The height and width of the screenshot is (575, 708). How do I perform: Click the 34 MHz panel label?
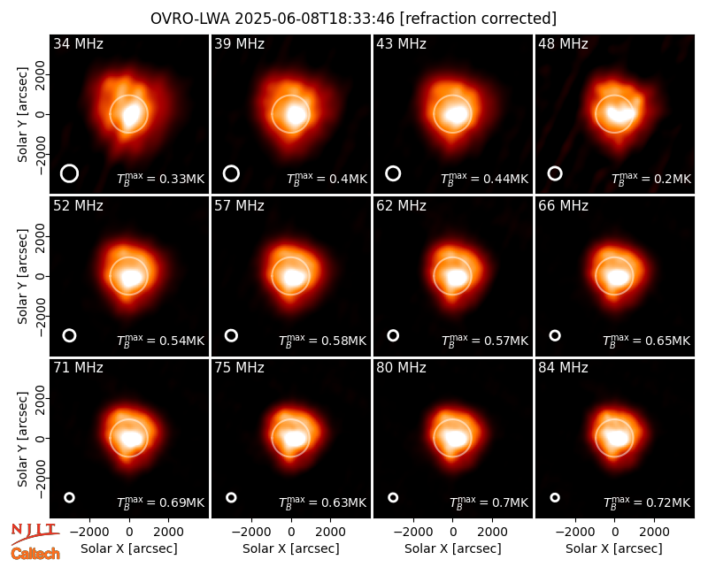(x=78, y=43)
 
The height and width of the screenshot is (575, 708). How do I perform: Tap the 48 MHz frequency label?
(x=563, y=43)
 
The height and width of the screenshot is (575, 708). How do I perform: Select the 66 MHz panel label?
(x=563, y=206)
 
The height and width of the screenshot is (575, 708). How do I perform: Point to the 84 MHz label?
(x=563, y=368)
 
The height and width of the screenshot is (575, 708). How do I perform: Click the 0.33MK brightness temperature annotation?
(x=161, y=179)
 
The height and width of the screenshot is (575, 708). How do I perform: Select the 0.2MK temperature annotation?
(x=651, y=179)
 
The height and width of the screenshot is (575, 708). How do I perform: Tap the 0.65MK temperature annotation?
(x=647, y=341)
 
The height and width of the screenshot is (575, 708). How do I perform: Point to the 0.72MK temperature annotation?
(x=647, y=502)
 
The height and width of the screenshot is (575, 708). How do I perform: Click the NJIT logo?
(x=35, y=533)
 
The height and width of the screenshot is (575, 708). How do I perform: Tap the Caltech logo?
(x=35, y=554)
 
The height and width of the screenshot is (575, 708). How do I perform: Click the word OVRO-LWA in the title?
(x=190, y=19)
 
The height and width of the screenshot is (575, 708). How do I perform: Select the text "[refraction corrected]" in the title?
(x=478, y=19)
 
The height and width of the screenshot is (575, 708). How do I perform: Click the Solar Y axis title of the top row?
(x=22, y=115)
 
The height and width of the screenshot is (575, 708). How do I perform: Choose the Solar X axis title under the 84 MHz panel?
(x=614, y=548)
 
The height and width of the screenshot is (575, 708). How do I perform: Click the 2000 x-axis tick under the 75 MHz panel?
(x=330, y=533)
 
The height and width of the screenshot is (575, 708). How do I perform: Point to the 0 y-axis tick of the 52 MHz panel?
(x=41, y=276)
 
